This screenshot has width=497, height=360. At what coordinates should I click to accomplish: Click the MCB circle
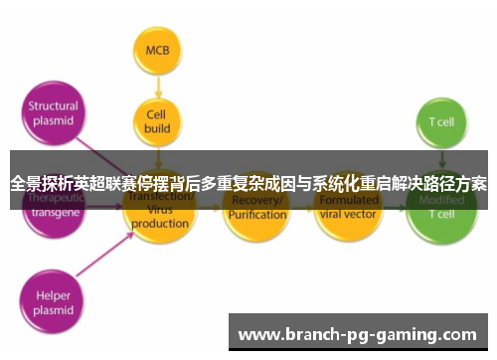(157, 50)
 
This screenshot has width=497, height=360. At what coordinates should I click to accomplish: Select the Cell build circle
(157, 120)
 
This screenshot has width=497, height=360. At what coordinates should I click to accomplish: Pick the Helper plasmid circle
(53, 300)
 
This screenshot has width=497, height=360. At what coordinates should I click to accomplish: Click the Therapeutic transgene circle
(52, 207)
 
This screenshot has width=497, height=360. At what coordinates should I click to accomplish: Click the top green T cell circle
(440, 121)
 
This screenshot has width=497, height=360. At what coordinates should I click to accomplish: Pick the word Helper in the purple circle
(53, 294)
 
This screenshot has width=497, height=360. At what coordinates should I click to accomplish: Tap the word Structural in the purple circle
(53, 107)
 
